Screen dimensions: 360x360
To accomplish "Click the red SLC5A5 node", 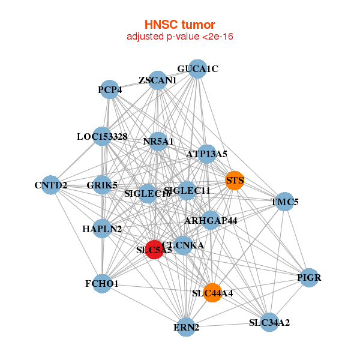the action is [x=155, y=250].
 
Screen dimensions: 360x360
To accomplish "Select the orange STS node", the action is [x=235, y=180].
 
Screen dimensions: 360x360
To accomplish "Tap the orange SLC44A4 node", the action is [x=212, y=293].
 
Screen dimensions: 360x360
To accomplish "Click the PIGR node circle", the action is [x=309, y=277].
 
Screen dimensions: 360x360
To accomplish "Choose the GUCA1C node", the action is [x=197, y=69].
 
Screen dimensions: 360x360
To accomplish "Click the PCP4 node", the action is [x=109, y=89].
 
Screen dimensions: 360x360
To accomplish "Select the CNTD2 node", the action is [x=50, y=185].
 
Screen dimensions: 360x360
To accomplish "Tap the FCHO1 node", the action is [x=102, y=283].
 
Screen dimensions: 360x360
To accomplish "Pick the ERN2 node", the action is [x=187, y=327].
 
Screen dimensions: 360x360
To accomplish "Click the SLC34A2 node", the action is [x=269, y=322].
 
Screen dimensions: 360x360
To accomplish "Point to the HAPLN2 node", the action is [x=102, y=229].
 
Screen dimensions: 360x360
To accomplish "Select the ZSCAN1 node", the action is [x=157, y=80].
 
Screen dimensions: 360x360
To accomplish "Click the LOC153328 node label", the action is [x=102, y=137].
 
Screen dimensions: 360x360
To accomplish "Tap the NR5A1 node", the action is [x=158, y=142].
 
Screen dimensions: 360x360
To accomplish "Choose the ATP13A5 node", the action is [x=206, y=154].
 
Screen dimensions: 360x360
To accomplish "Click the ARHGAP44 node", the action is [x=211, y=220].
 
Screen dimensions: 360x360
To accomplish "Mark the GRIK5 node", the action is [x=102, y=185].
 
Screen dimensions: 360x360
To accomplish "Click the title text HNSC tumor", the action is [x=179, y=25].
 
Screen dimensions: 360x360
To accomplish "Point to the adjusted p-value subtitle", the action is [x=179, y=37].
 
